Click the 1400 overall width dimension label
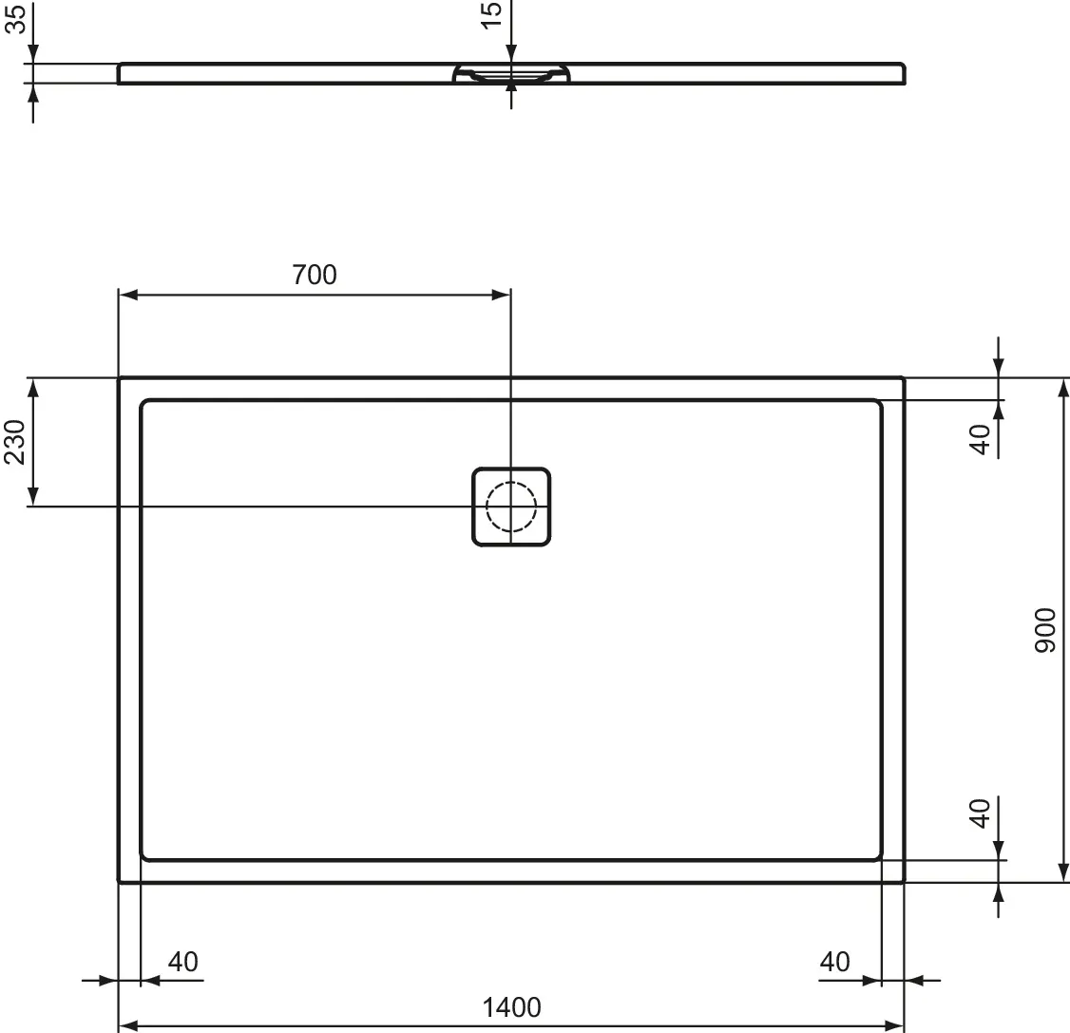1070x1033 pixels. coord(511,1006)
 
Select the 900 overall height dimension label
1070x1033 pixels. coord(1044,630)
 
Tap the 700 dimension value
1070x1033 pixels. coord(314,275)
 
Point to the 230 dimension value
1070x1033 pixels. coord(15,443)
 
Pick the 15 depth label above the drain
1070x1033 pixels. coord(491,15)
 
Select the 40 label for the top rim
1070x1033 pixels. coord(980,438)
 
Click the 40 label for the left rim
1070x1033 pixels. coord(182,962)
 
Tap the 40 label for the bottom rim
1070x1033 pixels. coord(980,813)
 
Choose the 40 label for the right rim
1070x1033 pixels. coord(834,962)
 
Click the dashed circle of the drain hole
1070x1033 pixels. coord(511,506)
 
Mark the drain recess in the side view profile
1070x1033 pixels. coord(511,75)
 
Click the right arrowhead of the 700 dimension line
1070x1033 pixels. coord(501,295)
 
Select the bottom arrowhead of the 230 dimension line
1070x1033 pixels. coord(33,496)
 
